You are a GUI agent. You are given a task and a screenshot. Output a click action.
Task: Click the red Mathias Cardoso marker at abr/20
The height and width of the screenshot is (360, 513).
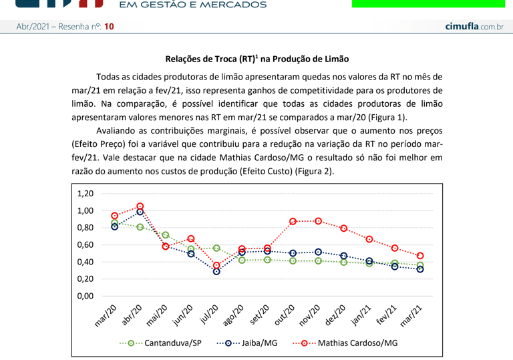pyautogui.click(x=140, y=206)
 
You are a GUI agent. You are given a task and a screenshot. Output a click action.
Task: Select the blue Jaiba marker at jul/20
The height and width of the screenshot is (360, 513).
pyautogui.click(x=216, y=271)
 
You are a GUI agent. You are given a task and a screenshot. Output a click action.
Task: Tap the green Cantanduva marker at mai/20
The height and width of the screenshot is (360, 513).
pyautogui.click(x=166, y=235)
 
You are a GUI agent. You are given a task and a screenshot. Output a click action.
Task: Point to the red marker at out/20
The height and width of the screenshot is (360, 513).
pyautogui.click(x=293, y=221)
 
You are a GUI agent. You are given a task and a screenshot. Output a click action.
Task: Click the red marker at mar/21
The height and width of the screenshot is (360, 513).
pyautogui.click(x=420, y=256)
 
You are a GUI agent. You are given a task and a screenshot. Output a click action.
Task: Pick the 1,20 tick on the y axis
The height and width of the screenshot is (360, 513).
pyautogui.click(x=85, y=194)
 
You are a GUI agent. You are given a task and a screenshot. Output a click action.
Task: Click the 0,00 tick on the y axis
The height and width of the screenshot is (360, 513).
pyautogui.click(x=85, y=296)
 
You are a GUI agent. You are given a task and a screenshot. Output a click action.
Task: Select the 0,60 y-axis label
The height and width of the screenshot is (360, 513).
pyautogui.click(x=85, y=245)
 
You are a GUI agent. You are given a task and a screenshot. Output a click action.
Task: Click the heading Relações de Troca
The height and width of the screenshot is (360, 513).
pyautogui.click(x=256, y=59)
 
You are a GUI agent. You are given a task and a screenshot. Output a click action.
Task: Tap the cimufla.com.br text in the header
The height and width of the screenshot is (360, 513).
pyautogui.click(x=474, y=26)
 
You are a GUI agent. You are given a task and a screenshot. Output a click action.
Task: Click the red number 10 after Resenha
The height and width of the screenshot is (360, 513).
pyautogui.click(x=110, y=27)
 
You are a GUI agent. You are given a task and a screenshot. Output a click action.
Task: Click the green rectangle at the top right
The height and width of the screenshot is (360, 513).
pyautogui.click(x=428, y=3)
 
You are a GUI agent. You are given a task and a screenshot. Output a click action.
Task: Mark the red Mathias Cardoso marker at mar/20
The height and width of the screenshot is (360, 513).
pyautogui.click(x=115, y=216)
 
